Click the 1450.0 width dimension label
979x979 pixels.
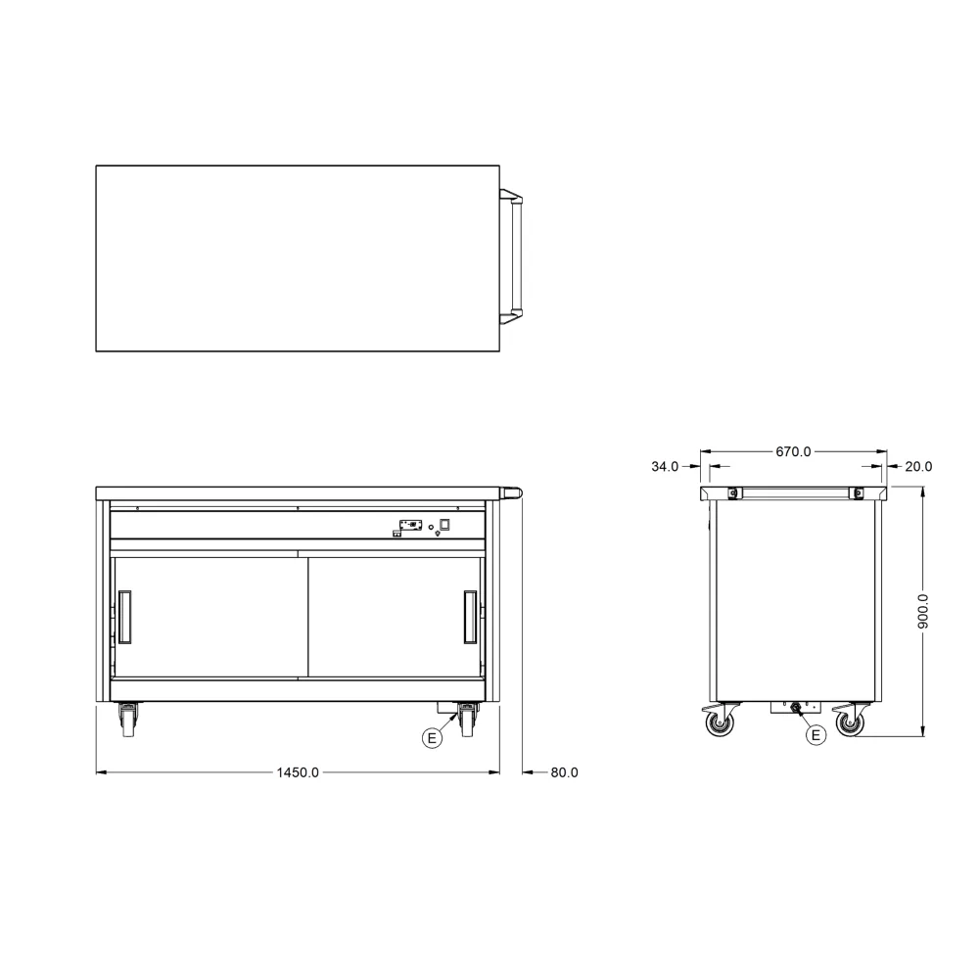click(298, 772)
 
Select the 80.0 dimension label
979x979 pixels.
click(565, 772)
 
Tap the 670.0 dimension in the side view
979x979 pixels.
click(794, 451)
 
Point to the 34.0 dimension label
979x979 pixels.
click(665, 466)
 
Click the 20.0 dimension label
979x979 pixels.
click(918, 466)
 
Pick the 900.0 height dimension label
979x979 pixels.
click(923, 611)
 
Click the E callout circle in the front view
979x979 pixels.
click(432, 738)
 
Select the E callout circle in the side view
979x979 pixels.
click(816, 735)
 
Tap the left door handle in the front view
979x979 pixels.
click(125, 617)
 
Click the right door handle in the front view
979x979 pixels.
click(470, 617)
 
